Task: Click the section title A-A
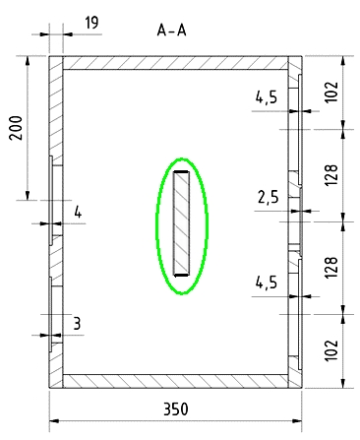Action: click(x=171, y=31)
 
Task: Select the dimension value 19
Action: click(x=91, y=23)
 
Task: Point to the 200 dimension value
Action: click(x=16, y=128)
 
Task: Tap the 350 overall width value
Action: click(x=176, y=409)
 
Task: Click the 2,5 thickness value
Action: click(x=269, y=197)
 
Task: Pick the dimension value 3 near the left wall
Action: click(x=77, y=324)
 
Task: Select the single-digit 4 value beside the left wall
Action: click(x=78, y=213)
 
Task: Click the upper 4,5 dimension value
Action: click(x=267, y=97)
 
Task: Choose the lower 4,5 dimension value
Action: click(x=267, y=283)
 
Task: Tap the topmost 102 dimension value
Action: click(x=331, y=93)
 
